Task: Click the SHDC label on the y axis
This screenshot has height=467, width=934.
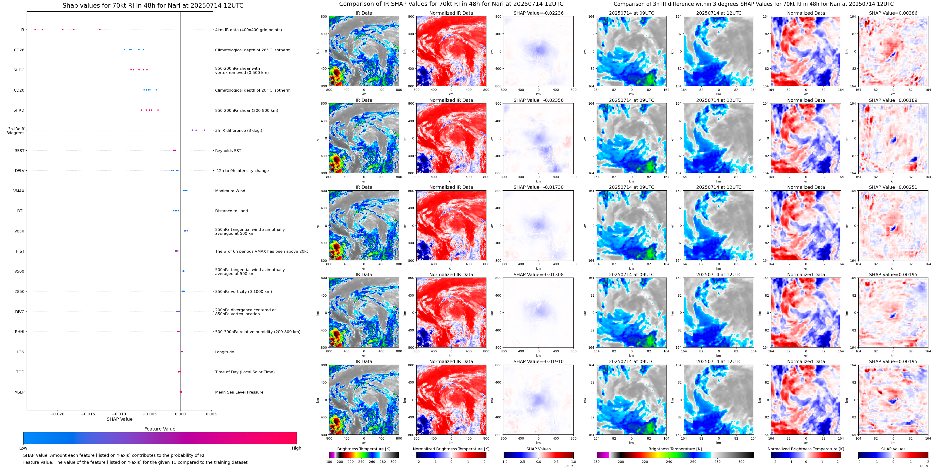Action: [x=19, y=70]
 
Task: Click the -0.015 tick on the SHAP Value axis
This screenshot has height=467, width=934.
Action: [x=88, y=414]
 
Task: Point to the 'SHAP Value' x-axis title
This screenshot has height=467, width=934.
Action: [x=120, y=419]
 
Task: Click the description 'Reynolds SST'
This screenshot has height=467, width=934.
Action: [x=228, y=151]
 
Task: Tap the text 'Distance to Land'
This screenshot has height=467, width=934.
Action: [x=231, y=211]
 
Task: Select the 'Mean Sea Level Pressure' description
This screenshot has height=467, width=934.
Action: [x=239, y=392]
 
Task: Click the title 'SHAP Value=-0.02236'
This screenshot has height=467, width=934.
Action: [x=539, y=13]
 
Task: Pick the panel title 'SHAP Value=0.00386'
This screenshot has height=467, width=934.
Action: [x=893, y=13]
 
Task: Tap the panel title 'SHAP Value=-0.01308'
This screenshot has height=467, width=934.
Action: [x=539, y=275]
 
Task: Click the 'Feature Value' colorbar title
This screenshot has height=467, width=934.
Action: [x=160, y=429]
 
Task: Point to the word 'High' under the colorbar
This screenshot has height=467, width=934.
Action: [x=297, y=448]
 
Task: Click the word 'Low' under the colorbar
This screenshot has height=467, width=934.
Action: [x=23, y=448]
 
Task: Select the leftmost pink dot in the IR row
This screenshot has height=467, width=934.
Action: [x=35, y=29]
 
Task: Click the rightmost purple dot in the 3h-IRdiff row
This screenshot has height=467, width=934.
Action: [x=204, y=130]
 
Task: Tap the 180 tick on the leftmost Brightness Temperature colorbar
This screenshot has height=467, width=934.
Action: [x=329, y=462]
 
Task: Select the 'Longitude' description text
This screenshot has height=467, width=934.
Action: [x=224, y=352]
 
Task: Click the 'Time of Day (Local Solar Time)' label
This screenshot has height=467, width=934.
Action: [x=245, y=372]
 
